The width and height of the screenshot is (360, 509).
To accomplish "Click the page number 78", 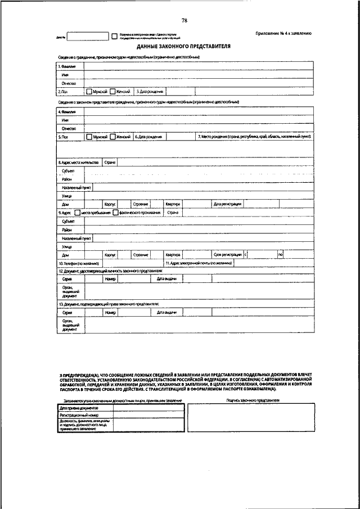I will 184,21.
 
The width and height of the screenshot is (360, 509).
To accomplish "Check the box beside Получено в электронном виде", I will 115,36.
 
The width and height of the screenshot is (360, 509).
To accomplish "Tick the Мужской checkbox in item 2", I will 89,91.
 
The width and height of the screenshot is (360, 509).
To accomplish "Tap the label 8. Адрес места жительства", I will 79,162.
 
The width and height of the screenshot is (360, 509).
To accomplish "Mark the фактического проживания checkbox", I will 115,213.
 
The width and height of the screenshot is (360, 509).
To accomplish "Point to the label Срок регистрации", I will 227,255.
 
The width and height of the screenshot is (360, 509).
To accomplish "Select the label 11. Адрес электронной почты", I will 199,263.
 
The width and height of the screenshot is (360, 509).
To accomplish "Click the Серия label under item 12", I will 67,279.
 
